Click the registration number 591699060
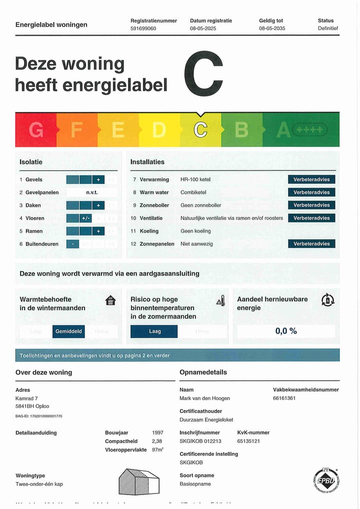coord(143,28)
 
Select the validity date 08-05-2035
coord(272,28)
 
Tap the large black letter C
coord(203,74)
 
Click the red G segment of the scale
coord(36,130)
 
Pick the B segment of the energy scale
coord(241,130)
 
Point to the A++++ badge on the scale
coord(310,130)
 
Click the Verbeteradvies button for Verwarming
coord(311,179)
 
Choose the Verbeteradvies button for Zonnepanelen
coord(311,244)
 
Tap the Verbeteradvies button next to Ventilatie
coord(311,218)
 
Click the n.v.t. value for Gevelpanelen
coord(92,192)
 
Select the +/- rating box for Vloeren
coord(86,218)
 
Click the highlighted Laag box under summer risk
coord(154,331)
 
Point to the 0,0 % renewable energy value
coord(286,331)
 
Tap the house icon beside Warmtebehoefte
coord(110,300)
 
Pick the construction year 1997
coord(157,432)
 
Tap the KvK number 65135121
coord(248,441)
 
